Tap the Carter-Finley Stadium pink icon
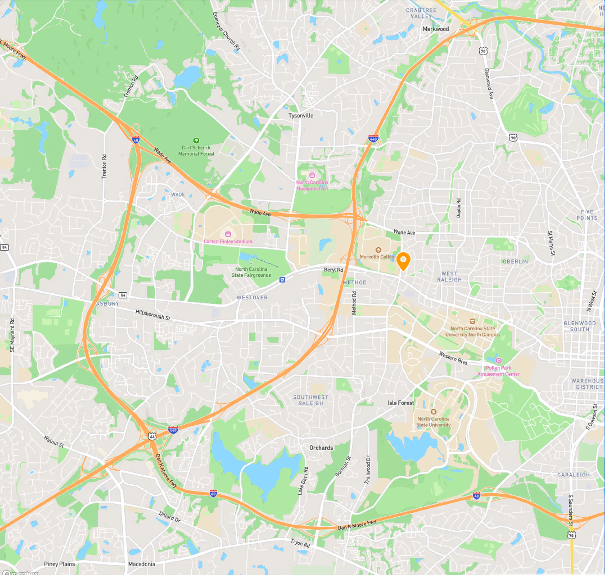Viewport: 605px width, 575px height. [x=228, y=234]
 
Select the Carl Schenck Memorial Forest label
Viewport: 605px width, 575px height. [x=196, y=150]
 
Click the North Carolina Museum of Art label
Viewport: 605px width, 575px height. [x=312, y=185]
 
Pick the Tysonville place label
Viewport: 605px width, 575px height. [x=301, y=116]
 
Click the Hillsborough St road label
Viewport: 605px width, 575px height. [x=153, y=314]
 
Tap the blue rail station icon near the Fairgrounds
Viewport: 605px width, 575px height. [x=282, y=279]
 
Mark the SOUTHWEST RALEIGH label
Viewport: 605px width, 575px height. [x=311, y=400]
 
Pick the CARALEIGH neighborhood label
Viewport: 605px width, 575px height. [x=573, y=475]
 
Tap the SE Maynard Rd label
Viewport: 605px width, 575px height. [x=12, y=335]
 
